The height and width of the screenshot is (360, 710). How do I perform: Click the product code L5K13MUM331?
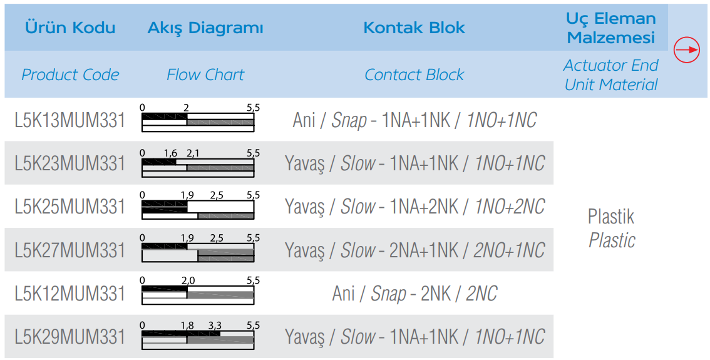pos(69,120)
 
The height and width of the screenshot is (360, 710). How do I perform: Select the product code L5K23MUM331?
pos(69,163)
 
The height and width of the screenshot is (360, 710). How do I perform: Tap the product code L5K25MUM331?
pos(69,207)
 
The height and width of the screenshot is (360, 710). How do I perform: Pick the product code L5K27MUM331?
pos(69,250)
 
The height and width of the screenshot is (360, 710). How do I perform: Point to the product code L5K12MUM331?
pos(69,294)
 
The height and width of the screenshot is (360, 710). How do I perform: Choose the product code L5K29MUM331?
pos(69,337)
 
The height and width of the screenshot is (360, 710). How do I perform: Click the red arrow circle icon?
pos(687,49)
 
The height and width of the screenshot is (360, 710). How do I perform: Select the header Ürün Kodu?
pos(70,27)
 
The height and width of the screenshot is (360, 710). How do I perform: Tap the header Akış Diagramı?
pos(205,28)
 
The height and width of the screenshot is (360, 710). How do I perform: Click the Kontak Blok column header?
pos(414,28)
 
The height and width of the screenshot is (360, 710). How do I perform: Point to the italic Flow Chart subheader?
pos(205,75)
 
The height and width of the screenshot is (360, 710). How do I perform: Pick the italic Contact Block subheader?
pos(414,75)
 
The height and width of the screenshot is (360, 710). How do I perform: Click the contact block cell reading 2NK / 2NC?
pos(414,294)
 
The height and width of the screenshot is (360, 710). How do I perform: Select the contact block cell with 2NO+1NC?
pos(414,250)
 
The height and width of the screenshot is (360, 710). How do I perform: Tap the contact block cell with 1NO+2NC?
pos(414,207)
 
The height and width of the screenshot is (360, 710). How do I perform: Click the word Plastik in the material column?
pos(611,217)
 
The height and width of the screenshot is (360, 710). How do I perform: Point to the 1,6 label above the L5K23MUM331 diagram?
pos(171,153)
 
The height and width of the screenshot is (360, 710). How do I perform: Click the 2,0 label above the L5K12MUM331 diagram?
pos(188,280)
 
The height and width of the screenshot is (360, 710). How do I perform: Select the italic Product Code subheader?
pos(70,75)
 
